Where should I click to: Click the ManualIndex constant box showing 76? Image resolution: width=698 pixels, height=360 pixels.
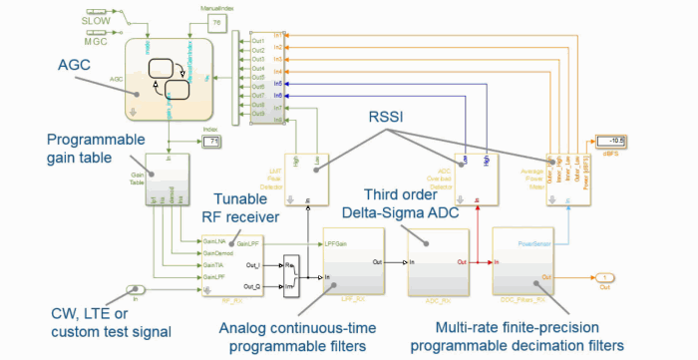click(x=216, y=22)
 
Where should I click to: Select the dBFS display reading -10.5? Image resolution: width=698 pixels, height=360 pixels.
click(x=610, y=140)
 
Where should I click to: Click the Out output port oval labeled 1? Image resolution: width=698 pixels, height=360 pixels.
click(x=605, y=276)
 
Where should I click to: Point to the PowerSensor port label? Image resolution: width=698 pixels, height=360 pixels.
click(x=534, y=240)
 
